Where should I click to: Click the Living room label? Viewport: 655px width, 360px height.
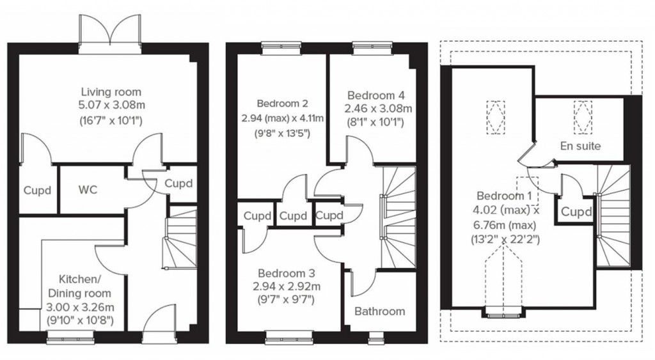111,92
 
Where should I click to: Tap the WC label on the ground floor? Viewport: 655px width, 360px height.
88,190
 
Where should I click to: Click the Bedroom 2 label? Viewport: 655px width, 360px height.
283,104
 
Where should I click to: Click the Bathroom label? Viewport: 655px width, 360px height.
379,311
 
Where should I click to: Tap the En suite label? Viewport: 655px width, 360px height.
580,146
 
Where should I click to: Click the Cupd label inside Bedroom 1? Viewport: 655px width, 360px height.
576,211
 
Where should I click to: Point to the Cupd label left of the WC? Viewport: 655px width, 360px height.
38,190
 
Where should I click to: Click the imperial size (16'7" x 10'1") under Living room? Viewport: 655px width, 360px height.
111,120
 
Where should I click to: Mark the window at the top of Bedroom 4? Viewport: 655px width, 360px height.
366,45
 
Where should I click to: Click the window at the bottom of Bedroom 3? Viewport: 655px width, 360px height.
288,333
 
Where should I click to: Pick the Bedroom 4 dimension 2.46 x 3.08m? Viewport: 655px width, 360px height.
378,109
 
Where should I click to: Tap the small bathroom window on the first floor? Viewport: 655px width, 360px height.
376,333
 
